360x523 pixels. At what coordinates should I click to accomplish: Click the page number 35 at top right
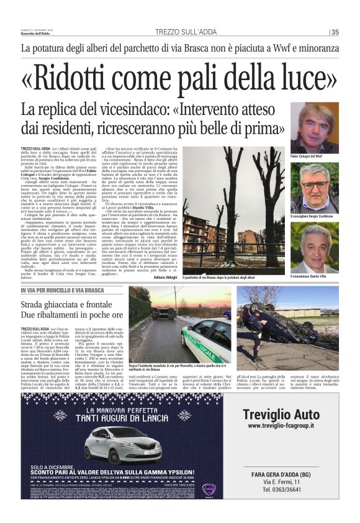(x=335, y=32)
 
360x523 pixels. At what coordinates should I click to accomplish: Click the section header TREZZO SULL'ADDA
(x=180, y=32)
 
